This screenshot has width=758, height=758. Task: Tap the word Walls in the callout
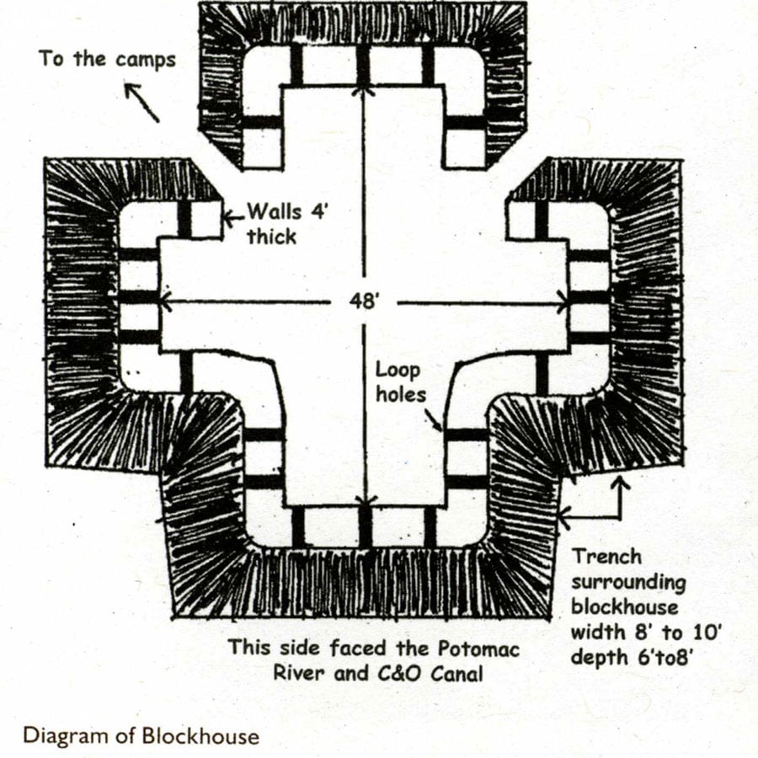coord(275,211)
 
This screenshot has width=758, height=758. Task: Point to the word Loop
coord(398,371)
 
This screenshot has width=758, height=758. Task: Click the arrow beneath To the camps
coord(142,103)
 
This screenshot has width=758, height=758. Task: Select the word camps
coord(146,61)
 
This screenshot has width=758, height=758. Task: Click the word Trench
coord(607,557)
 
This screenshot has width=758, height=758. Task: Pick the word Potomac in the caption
coord(478,649)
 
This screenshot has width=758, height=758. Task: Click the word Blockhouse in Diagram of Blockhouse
coord(200,736)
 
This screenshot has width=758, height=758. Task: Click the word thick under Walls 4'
coord(272,237)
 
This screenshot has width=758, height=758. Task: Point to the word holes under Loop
coord(401,394)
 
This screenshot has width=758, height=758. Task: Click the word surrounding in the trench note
coord(628,583)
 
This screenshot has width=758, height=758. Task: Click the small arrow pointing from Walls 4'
coord(234,218)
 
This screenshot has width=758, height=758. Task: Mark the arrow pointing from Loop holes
coord(433,420)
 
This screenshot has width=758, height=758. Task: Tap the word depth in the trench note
coord(596,658)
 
